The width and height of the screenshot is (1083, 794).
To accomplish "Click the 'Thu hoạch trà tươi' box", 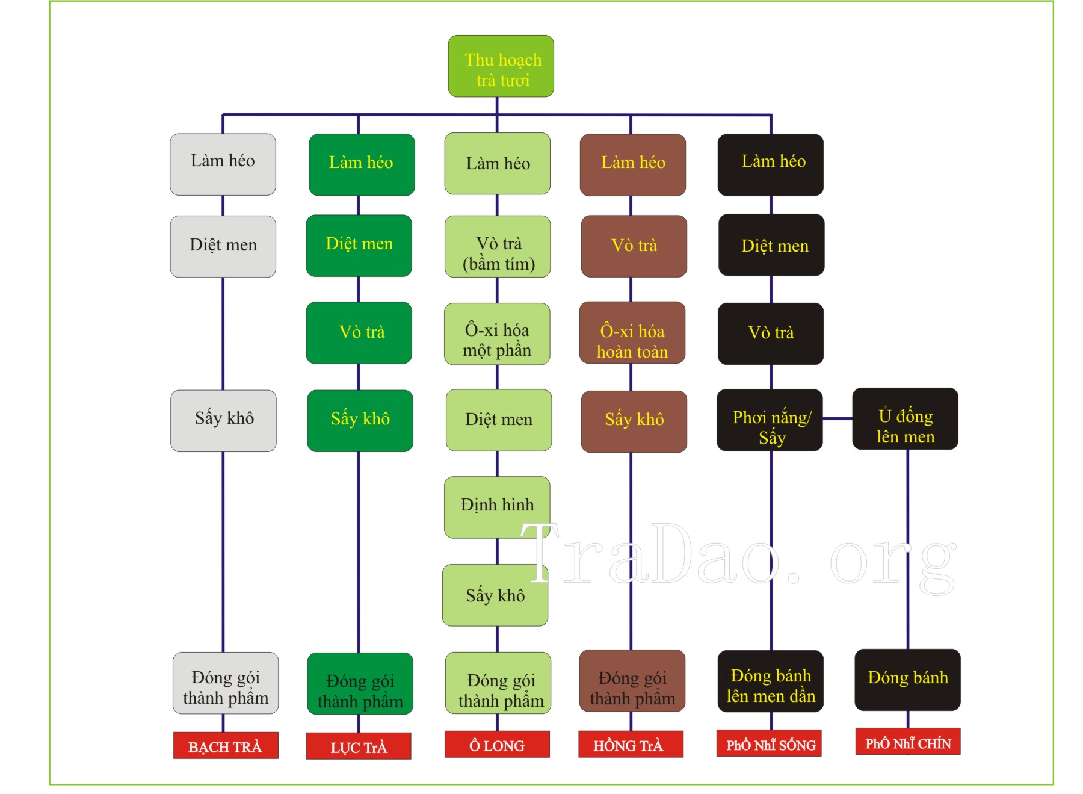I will coord(501,66).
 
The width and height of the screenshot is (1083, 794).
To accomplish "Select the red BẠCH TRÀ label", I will coord(226,745).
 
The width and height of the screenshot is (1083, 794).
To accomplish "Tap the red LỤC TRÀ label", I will coord(359,746).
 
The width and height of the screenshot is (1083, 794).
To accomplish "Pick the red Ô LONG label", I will coord(497,745).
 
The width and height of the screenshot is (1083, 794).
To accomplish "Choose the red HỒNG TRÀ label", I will coord(631,745).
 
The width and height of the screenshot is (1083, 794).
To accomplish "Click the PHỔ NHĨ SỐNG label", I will coord(769,743).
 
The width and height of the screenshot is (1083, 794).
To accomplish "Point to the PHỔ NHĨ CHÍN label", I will coord(907,742).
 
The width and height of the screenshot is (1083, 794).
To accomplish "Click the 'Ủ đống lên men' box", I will coord(905,419).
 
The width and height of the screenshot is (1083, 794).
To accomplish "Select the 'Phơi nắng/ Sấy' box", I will coord(770,420).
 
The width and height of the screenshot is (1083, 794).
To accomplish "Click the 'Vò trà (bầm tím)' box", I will coord(498,247).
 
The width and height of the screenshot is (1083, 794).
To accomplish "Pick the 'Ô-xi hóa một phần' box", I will coord(497,334).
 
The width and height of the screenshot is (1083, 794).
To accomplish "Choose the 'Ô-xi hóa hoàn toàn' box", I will coord(632,333).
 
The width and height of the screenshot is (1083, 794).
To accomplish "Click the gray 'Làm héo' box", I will coord(223,164).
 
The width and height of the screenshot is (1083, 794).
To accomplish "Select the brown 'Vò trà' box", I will coord(634,246).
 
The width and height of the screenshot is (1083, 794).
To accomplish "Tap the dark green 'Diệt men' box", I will coord(359,246).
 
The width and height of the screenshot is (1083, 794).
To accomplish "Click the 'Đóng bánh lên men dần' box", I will coord(770,681).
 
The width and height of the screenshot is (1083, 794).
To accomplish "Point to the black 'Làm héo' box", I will coord(770,165).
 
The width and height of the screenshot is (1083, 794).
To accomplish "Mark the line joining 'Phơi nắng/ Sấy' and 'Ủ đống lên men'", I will coord(838,418).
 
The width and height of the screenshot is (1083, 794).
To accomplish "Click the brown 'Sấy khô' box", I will coord(634,421).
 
